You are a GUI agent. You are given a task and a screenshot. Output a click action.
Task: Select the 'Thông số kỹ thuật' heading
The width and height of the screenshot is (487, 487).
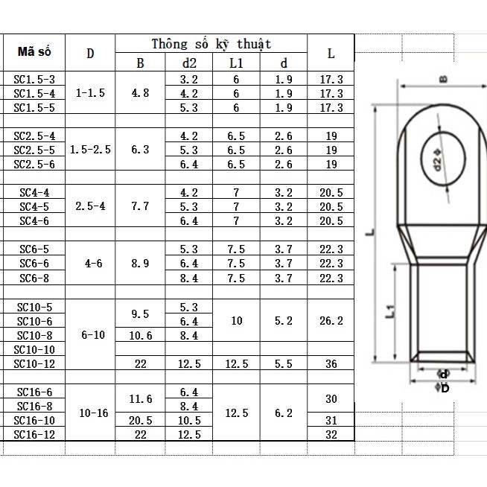click(x=211, y=44)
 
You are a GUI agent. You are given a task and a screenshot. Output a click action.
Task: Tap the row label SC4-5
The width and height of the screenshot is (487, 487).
click(x=35, y=206)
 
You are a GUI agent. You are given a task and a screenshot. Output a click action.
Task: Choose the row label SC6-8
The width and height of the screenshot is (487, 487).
click(x=35, y=278)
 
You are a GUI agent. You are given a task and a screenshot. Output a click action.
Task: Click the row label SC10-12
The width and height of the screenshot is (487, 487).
click(x=35, y=363)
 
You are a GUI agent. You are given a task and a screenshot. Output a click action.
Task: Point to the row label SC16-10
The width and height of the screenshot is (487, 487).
click(x=35, y=420)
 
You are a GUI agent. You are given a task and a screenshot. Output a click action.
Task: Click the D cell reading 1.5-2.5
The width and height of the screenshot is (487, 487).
click(x=90, y=150)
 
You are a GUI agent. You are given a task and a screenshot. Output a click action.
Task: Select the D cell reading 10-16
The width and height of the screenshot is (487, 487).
click(x=90, y=413)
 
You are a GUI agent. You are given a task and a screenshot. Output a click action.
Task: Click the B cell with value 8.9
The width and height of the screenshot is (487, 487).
click(x=140, y=263)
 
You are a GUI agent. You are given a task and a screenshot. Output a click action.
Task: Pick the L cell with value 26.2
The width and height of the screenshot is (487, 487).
click(x=331, y=321)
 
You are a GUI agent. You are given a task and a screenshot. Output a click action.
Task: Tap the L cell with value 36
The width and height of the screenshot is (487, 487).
click(x=331, y=363)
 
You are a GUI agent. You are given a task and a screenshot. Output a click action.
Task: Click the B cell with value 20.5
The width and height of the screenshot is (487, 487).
click(x=140, y=420)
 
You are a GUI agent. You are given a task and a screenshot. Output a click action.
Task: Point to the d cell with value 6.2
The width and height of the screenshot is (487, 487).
click(x=284, y=413)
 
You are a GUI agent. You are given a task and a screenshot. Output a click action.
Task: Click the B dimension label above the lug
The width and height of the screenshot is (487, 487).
click(x=442, y=77)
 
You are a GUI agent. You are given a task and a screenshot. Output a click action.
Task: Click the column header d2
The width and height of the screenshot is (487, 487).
click(x=189, y=63)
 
